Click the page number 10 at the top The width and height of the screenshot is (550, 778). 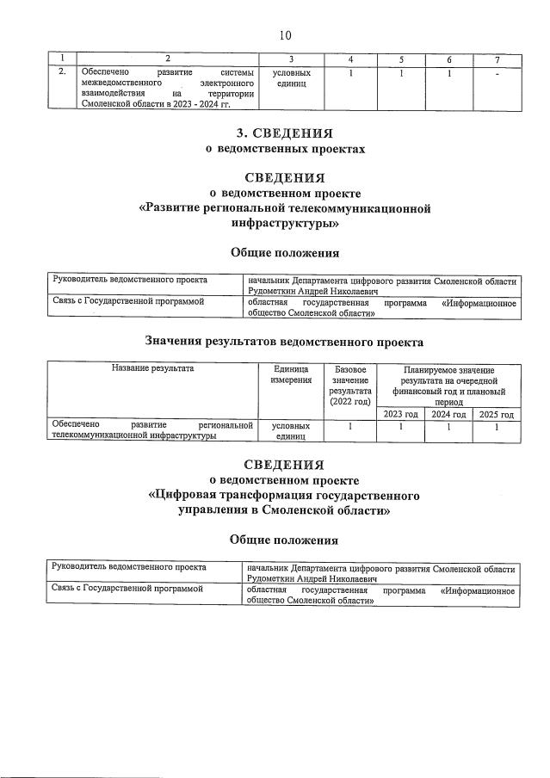click(285, 35)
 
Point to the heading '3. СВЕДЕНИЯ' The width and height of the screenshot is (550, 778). click(285, 133)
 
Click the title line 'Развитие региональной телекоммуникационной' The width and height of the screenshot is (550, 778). click(285, 208)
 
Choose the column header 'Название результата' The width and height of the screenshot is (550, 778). click(152, 368)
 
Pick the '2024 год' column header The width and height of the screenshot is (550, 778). click(448, 414)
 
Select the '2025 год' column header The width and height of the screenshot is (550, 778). click(497, 414)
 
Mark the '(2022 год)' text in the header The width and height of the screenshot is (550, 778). click(349, 402)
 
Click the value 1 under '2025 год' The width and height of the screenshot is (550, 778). click(497, 426)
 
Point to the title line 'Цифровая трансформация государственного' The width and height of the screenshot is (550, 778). click(285, 496)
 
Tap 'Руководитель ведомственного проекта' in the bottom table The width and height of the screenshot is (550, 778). click(130, 568)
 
